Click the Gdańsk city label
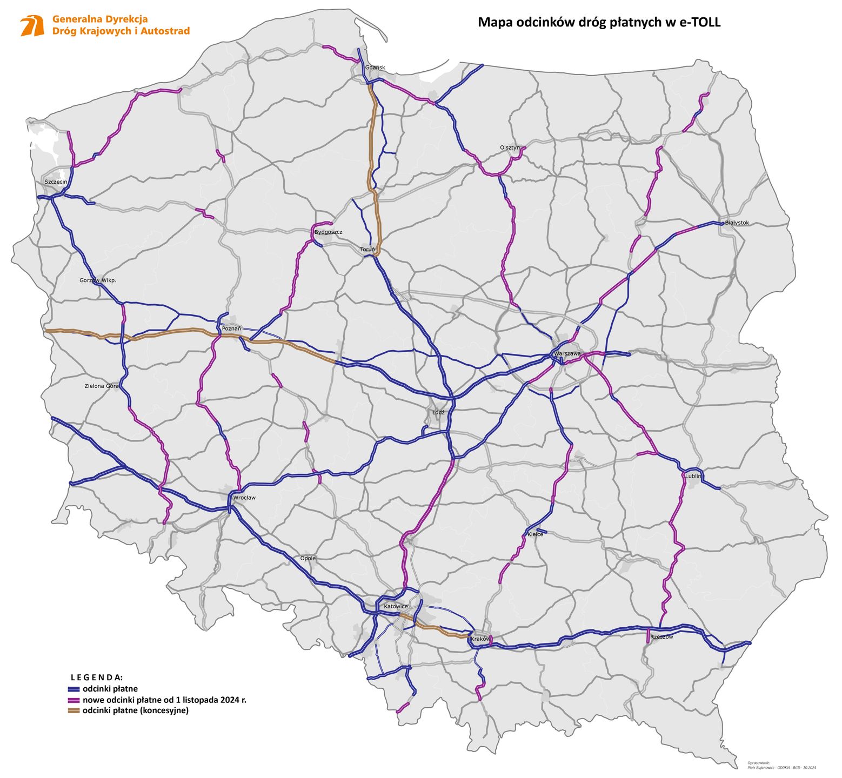click(x=375, y=68)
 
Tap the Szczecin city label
click(x=56, y=182)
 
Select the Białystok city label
click(x=737, y=223)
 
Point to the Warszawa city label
click(x=567, y=353)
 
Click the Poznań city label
click(x=231, y=328)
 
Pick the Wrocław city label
click(x=244, y=498)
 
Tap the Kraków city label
click(x=480, y=639)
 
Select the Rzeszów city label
click(x=661, y=637)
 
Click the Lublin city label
click(x=693, y=476)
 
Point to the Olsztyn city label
click(x=510, y=147)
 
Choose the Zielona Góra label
click(x=101, y=386)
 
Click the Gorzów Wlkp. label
click(x=98, y=280)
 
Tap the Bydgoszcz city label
click(x=328, y=232)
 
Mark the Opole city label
click(x=308, y=558)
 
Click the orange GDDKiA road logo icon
click(x=32, y=25)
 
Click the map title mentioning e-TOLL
click(x=599, y=22)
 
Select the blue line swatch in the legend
click(x=73, y=689)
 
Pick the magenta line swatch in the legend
click(x=73, y=700)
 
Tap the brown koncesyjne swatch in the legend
click(x=73, y=710)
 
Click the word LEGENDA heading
click(x=97, y=677)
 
